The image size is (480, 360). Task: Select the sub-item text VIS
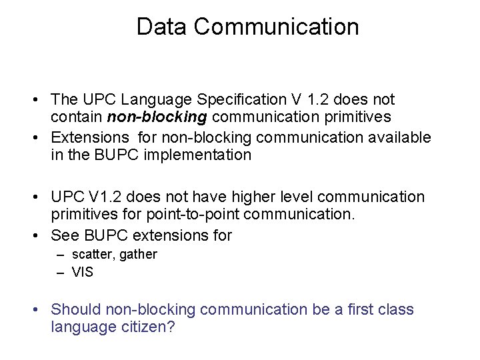pos(83,272)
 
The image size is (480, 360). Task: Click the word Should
pos(74,310)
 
